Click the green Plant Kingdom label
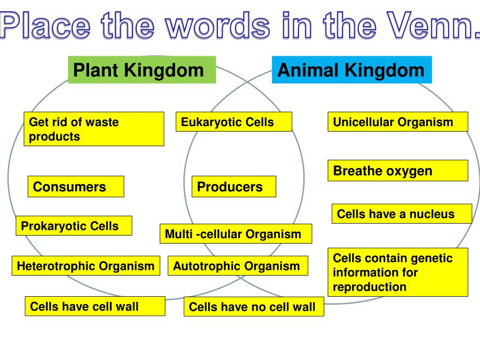coord(142,70)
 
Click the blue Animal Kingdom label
coord(352,70)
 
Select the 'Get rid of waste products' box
coord(94,129)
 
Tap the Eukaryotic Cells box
coord(234,122)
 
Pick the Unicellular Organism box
coord(397,122)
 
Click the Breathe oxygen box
coord(397,171)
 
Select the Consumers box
coord(76,187)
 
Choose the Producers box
coord(234,187)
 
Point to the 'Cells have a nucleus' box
coord(401,214)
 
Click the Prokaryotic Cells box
coord(74,225)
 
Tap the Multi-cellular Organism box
coord(236,234)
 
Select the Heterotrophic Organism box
coord(86,266)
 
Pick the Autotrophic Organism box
coord(238,266)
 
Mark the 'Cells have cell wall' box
coord(95,306)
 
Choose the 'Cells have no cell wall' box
coord(254,307)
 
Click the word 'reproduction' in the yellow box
coord(370,287)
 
